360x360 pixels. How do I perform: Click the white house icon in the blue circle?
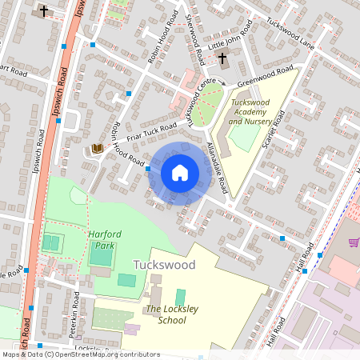coord(180,172)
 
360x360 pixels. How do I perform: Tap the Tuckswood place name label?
coord(164,264)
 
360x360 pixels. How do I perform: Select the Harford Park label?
coord(101,240)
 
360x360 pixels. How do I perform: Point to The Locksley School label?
coord(166,314)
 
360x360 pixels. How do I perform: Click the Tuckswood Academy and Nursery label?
coord(250,112)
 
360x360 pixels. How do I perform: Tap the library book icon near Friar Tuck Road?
coord(98,148)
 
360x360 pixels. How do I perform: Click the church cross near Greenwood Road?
coord(222,60)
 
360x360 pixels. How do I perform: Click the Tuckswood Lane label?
coord(291,32)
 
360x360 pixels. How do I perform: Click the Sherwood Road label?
coord(194,38)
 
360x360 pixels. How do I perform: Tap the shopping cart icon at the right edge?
coord(354,242)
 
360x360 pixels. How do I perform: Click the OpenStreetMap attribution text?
coord(80,354)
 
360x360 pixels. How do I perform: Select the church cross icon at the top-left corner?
coord(42,11)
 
